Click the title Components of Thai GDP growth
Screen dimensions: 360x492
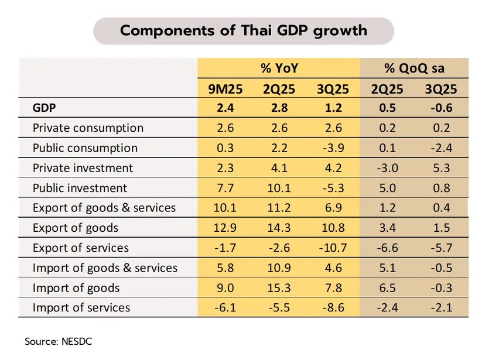pos(244,30)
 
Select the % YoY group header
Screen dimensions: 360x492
pos(279,68)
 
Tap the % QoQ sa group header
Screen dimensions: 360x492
pos(414,68)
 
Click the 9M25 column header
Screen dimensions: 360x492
pos(225,89)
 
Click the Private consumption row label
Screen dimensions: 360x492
pos(88,128)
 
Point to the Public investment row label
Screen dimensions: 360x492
pos(80,188)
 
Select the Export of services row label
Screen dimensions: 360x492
pos(81,248)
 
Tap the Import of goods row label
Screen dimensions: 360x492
pos(76,288)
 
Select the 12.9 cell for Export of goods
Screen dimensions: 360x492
pos(225,228)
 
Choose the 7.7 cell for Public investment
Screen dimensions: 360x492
pos(225,188)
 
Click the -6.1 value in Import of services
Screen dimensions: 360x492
pos(225,308)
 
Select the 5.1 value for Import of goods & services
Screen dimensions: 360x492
pos(387,268)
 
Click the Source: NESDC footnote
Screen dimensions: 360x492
pos(58,341)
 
